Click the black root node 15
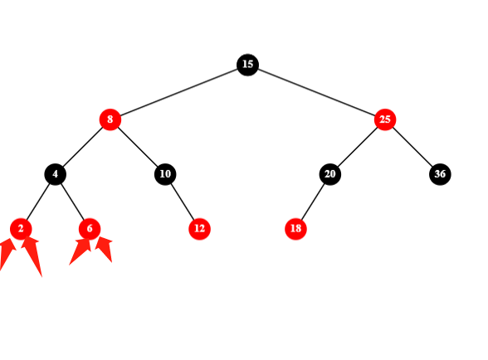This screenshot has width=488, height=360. (x=247, y=65)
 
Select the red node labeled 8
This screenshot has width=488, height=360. (x=110, y=119)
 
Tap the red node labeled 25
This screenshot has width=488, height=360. (x=385, y=119)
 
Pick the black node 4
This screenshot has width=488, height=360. (x=55, y=174)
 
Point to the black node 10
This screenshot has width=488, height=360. (x=165, y=174)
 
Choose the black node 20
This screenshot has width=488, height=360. (x=330, y=174)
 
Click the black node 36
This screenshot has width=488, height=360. (x=440, y=174)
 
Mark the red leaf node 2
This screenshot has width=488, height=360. (x=21, y=229)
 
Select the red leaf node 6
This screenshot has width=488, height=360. (x=90, y=229)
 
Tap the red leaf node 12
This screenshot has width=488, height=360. (x=199, y=229)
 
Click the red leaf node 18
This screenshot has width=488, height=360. (x=295, y=229)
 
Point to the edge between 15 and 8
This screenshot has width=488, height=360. (x=179, y=92)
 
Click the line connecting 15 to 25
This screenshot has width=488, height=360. (x=316, y=92)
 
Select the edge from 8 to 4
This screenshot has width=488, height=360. (x=82, y=147)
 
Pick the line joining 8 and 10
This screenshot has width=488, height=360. (x=138, y=147)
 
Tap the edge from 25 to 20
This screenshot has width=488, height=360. (x=357, y=147)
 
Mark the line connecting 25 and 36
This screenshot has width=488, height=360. (x=412, y=147)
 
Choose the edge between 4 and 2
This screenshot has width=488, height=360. (x=38, y=202)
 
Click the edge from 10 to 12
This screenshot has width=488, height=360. (x=183, y=202)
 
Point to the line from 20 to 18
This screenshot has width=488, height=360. (x=313, y=202)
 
